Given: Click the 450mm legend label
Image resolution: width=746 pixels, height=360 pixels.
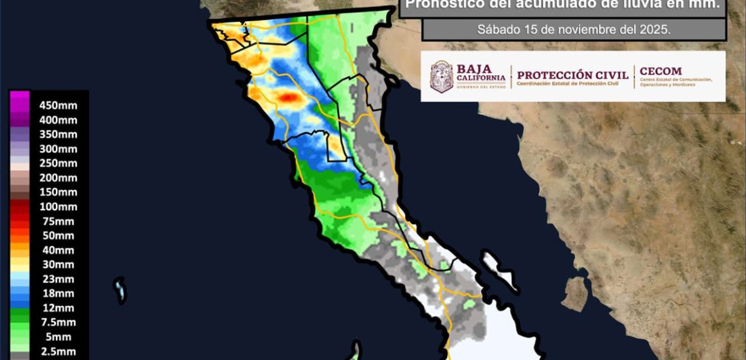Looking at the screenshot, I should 58,105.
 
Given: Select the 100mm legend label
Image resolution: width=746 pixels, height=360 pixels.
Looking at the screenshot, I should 58,207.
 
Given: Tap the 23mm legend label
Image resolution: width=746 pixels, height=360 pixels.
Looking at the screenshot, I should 58,279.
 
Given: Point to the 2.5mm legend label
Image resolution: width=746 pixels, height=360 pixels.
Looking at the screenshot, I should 58,352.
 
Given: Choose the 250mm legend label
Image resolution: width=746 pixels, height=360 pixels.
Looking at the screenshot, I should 58,163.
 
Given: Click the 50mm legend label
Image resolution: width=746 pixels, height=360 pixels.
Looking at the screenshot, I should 58,236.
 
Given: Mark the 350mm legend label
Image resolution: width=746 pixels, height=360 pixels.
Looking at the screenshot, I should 58,134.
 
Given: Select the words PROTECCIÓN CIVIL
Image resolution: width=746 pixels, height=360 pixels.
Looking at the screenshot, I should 572,75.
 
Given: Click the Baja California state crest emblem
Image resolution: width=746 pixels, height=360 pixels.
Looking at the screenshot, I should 441,76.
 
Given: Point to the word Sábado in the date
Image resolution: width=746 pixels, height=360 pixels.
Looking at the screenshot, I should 496,30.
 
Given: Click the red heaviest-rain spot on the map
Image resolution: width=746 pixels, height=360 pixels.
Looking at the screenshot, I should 289,97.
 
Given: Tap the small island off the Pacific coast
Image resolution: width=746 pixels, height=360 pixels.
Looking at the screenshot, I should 120,290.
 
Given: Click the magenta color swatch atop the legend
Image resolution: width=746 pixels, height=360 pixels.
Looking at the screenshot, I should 19,101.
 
